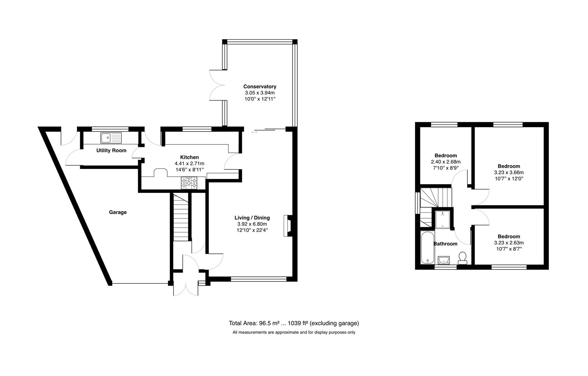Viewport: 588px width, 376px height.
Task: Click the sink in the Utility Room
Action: coord(111,138)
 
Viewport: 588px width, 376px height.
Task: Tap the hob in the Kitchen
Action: coord(189,183)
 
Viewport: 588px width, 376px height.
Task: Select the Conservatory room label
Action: coord(260,87)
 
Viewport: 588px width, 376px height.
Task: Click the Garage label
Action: coord(118,212)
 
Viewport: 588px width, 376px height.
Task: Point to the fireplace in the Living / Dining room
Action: coord(288,226)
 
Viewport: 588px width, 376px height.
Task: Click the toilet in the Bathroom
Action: coord(463,258)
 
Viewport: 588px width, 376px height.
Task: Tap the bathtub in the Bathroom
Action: coord(426,247)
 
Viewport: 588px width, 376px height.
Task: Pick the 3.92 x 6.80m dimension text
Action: coord(252,224)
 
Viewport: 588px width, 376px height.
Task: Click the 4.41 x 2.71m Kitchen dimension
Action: coord(189,164)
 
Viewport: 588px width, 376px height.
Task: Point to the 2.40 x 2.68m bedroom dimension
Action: coord(446,162)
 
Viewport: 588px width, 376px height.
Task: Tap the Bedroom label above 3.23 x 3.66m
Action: coord(509,166)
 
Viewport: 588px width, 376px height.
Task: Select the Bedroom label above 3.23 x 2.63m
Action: coord(509,237)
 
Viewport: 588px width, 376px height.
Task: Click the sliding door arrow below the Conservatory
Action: coord(254,132)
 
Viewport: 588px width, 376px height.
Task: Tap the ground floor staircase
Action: coord(181,217)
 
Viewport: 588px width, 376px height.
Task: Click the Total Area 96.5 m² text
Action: coord(293,323)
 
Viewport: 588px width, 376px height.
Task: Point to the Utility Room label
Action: coord(111,151)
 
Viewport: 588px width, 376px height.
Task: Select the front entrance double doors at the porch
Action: coord(186,287)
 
